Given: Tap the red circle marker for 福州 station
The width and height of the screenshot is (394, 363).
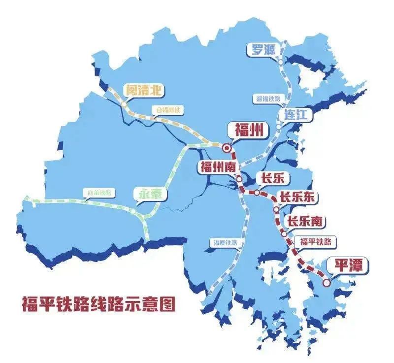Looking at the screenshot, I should pyautogui.click(x=227, y=147).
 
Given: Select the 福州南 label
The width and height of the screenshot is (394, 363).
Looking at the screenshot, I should pyautogui.click(x=217, y=166).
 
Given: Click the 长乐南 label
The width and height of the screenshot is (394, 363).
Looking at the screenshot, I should pyautogui.click(x=305, y=221).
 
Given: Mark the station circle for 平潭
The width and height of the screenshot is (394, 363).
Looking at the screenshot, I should pyautogui.click(x=327, y=283).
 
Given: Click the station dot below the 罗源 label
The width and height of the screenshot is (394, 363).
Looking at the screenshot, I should pyautogui.click(x=280, y=63).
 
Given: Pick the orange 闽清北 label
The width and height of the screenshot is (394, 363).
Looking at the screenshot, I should pyautogui.click(x=143, y=90).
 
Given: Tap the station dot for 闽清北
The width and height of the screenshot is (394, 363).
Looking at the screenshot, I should pyautogui.click(x=123, y=104).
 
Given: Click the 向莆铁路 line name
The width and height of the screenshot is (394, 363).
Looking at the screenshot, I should pyautogui.click(x=98, y=192).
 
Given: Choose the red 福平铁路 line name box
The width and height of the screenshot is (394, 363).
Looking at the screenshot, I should pyautogui.click(x=316, y=241).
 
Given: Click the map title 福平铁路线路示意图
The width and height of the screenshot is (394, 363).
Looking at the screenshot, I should pyautogui.click(x=98, y=304).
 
